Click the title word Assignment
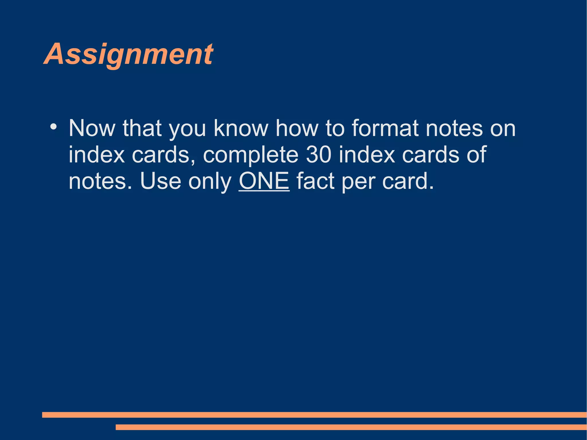[x=128, y=54]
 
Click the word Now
[x=92, y=128]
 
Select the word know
[x=241, y=128]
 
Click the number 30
[x=318, y=155]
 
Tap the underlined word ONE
[x=264, y=181]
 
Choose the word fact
[x=315, y=181]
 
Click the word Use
[x=161, y=181]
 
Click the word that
[x=142, y=128]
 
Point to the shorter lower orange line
[x=351, y=427]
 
